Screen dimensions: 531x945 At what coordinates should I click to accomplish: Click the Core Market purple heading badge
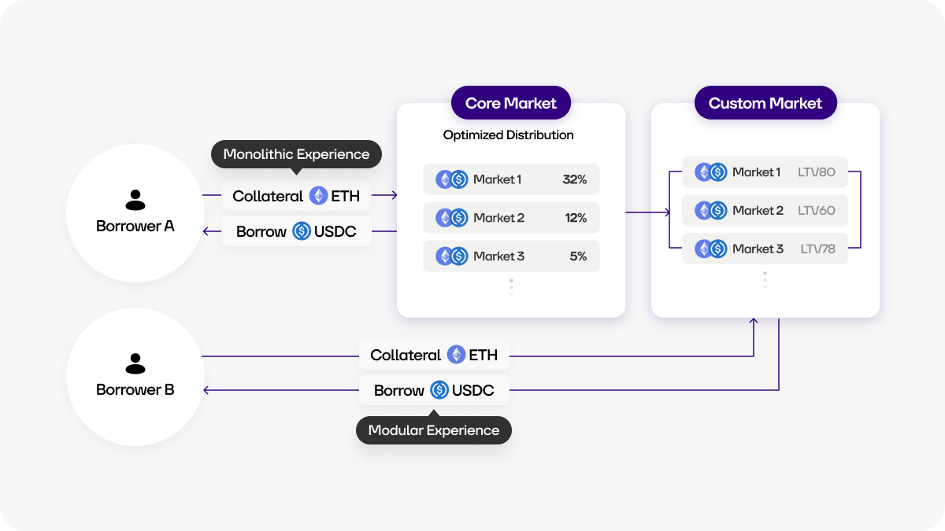(510, 103)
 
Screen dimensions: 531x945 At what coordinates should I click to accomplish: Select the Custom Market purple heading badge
(765, 103)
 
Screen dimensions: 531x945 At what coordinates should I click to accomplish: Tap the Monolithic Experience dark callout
(296, 154)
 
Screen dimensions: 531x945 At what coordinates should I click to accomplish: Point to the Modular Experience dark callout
(433, 430)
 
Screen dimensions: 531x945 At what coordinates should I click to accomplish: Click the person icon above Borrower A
(135, 200)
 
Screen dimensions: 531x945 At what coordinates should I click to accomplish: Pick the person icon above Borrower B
(135, 363)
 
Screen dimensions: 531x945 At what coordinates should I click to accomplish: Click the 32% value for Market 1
(574, 179)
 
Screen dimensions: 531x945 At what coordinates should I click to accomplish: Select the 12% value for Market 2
(575, 218)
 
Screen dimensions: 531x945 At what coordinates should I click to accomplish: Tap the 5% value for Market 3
(577, 256)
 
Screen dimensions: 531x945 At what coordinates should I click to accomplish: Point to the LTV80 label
(816, 172)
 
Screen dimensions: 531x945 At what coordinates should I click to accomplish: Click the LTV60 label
(816, 211)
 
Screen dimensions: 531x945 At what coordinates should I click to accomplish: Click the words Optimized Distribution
(508, 135)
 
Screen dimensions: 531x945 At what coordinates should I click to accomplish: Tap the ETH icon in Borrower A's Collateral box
(318, 196)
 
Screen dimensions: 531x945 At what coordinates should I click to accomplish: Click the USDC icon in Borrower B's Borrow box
(439, 390)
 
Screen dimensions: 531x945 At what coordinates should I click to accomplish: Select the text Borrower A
(135, 227)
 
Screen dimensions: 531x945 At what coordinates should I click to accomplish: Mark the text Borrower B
(135, 390)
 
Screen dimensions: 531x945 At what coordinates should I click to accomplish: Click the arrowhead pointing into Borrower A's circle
(206, 231)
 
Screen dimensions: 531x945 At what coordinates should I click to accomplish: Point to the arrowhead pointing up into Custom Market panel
(754, 321)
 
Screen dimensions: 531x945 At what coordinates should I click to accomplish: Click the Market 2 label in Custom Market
(758, 211)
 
